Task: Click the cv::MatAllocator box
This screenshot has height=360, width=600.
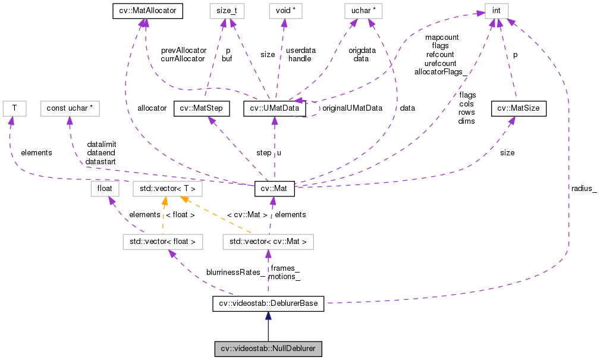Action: tap(140, 10)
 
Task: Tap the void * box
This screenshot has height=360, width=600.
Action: tap(285, 10)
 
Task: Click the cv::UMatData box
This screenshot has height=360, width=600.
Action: tap(274, 108)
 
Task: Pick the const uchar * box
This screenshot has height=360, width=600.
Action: tap(70, 108)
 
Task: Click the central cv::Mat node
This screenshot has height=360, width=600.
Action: tap(274, 189)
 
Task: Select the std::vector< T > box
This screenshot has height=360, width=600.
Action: tap(167, 189)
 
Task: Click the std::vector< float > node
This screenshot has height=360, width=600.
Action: tap(162, 242)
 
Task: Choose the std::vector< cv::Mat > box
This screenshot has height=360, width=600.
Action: tap(268, 242)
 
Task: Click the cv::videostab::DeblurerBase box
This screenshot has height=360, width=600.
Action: tap(268, 304)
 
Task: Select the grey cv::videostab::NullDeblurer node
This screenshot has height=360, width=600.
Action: tap(268, 349)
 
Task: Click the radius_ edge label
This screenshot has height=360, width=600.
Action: tap(584, 189)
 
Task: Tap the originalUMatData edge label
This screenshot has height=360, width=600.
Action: tap(351, 108)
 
